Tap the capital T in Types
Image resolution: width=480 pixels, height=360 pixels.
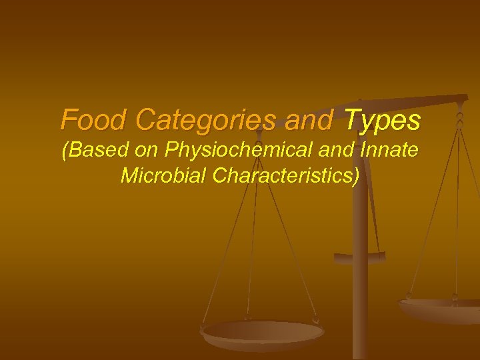pos(352,121)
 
